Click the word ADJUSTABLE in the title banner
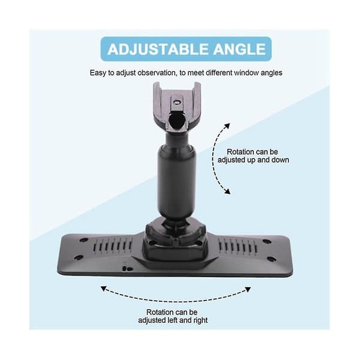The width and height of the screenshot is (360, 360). click(158, 49)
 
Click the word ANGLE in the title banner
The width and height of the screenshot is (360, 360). click(239, 49)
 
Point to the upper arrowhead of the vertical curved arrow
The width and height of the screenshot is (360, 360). click(227, 126)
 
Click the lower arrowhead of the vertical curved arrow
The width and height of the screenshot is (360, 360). click(227, 191)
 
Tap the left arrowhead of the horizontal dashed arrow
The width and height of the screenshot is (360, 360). click(104, 289)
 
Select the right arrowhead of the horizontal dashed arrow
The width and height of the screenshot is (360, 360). click(248, 289)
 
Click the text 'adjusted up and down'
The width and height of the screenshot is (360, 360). click(253, 160)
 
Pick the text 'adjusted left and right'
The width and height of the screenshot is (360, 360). click(173, 320)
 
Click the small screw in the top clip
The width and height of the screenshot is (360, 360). click(176, 102)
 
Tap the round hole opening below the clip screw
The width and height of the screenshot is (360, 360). click(176, 120)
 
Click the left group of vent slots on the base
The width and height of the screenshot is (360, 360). click(113, 245)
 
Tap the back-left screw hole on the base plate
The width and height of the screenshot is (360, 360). click(84, 240)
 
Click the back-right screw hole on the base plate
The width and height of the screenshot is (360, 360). click(266, 242)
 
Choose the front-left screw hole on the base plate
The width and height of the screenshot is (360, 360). click(79, 257)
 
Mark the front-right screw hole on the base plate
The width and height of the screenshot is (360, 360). click(272, 259)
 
